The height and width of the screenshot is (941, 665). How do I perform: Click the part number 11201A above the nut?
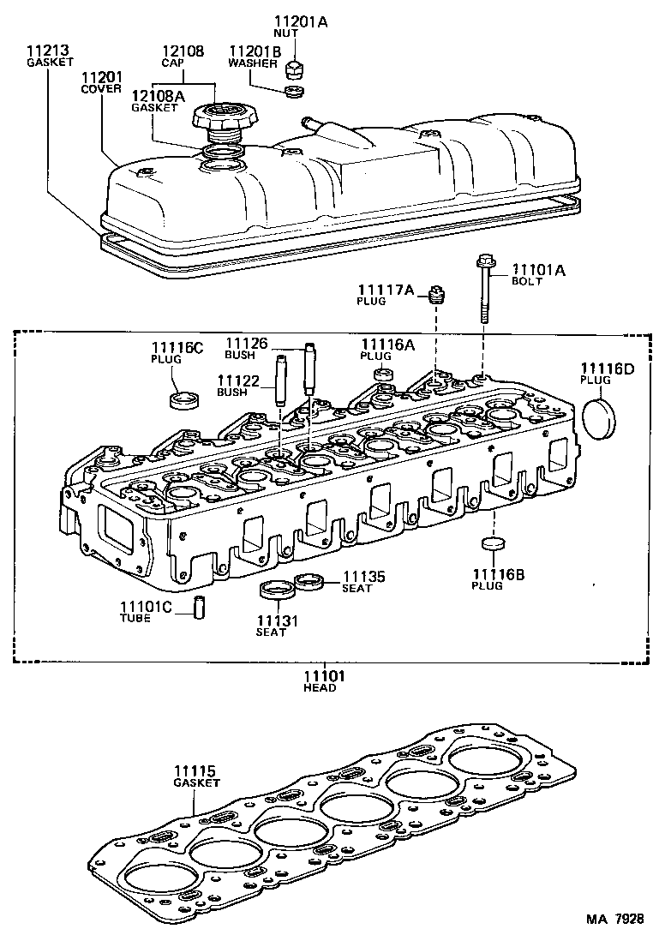click(x=301, y=21)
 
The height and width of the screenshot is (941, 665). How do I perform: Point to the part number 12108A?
click(x=154, y=95)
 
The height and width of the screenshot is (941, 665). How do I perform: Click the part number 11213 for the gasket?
click(x=44, y=51)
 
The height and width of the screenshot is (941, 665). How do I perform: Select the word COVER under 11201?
click(x=101, y=88)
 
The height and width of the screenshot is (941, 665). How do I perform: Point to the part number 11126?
click(x=246, y=344)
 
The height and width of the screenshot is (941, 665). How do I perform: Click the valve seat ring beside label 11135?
click(x=309, y=583)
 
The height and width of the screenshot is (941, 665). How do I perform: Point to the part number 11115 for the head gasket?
click(x=195, y=771)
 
